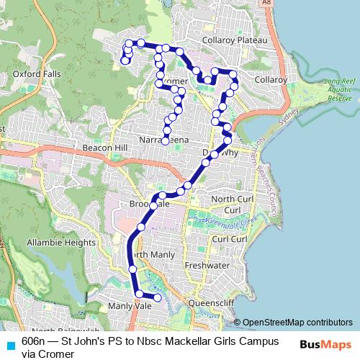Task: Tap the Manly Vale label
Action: pos(129,306)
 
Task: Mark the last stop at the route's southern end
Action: pos(158,296)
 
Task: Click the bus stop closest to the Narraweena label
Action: pos(166,141)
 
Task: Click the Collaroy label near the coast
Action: pos(271,79)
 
